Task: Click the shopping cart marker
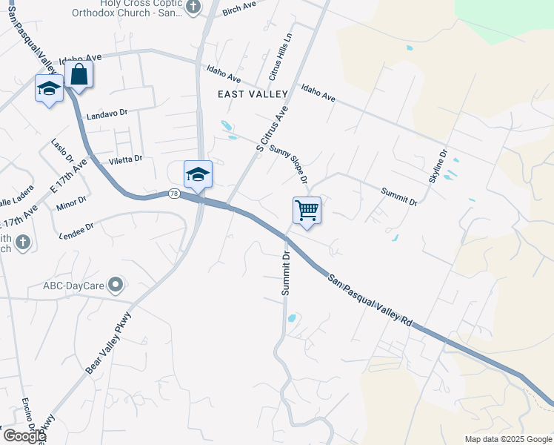tap(307, 210)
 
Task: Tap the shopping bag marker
tap(79, 75)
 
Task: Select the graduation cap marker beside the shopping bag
tap(50, 89)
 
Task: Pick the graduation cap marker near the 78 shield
tap(198, 175)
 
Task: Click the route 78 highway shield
tap(173, 194)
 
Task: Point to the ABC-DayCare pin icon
tap(116, 284)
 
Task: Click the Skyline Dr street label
tap(438, 167)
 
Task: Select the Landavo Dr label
tap(107, 113)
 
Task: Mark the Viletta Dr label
tap(125, 159)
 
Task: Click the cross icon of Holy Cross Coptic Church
tap(193, 7)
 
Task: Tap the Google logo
tap(24, 436)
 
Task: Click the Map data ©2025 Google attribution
tap(508, 439)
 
